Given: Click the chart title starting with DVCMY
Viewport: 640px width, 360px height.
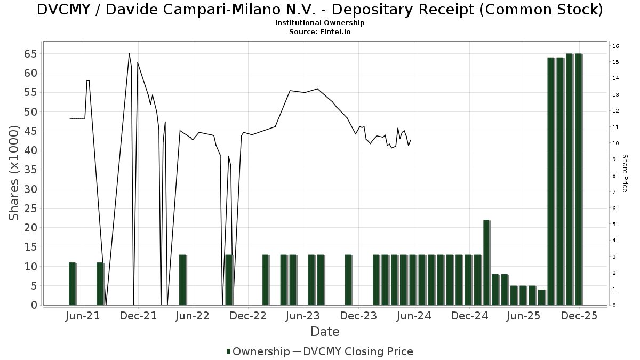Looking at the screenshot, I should pos(320,10).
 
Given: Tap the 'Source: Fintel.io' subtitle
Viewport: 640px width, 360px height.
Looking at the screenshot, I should pos(320,31).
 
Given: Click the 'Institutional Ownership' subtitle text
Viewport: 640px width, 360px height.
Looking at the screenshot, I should pos(320,23).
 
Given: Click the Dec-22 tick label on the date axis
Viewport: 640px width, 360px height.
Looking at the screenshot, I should pos(248,316).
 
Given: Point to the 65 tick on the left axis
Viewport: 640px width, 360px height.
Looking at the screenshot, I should pos(29,54).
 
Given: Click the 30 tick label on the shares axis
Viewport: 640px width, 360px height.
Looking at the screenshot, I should pos(29,189).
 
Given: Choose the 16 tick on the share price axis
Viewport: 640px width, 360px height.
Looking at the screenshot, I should pos(615,46).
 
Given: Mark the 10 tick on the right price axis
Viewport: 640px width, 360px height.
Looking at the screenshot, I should pos(615,143).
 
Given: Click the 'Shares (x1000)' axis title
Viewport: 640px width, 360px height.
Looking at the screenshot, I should pos(14,173).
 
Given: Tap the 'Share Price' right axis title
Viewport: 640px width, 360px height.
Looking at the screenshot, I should pos(625,173).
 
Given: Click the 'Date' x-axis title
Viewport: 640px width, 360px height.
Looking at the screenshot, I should pos(325,332).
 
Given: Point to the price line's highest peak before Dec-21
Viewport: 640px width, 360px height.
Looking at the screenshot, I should pos(129,53).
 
